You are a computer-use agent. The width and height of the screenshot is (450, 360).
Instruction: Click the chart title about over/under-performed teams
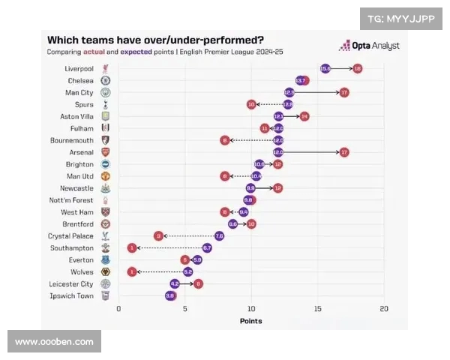click(155, 40)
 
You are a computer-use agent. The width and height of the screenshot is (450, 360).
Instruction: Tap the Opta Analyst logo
click(369, 46)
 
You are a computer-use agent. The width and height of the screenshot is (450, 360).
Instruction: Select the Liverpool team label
click(79, 68)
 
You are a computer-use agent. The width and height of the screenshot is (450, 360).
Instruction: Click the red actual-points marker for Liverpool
click(357, 68)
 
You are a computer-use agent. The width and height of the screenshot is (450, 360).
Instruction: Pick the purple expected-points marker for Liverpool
click(325, 68)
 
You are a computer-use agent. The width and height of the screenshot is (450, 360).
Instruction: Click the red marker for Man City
click(344, 92)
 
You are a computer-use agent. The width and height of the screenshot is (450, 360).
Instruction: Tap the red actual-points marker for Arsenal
click(344, 152)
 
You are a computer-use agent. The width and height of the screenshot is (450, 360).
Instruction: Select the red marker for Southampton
click(132, 247)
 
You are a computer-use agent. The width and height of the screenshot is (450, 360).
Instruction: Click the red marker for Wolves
click(132, 271)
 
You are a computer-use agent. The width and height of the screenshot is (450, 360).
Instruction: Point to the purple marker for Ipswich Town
click(169, 295)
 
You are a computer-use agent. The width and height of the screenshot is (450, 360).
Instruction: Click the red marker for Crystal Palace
click(158, 235)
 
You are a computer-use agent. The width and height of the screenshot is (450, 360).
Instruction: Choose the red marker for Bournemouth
click(225, 140)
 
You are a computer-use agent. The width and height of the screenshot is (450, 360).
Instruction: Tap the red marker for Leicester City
click(198, 283)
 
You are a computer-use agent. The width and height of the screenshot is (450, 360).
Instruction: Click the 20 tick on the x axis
click(384, 308)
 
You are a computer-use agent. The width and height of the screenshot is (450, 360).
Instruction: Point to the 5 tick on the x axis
click(184, 308)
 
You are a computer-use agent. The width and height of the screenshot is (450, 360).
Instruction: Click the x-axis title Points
click(250, 321)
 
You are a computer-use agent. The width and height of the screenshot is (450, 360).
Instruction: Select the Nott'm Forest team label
click(73, 200)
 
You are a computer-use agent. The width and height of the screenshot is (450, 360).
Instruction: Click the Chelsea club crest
click(106, 80)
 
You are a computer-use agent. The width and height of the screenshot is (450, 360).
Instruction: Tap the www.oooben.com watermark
click(54, 342)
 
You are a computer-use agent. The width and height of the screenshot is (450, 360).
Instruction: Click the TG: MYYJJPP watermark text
click(401, 19)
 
